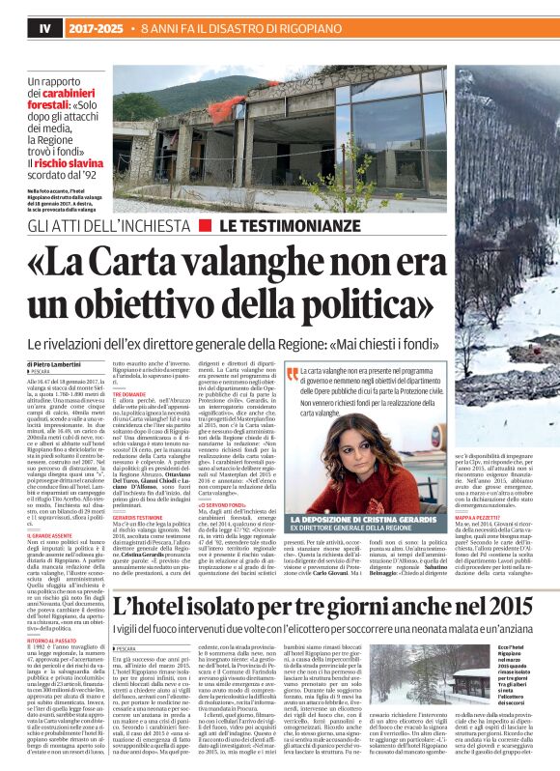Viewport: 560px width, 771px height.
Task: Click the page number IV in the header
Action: [x=17, y=30]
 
